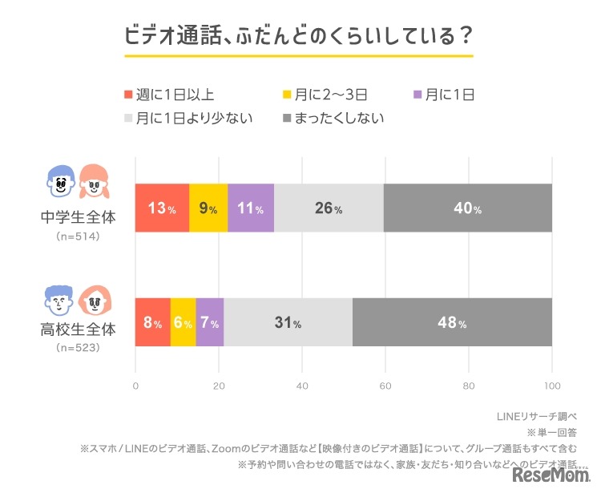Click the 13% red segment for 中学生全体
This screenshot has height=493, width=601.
tap(162, 208)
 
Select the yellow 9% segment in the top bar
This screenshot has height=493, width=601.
tap(208, 208)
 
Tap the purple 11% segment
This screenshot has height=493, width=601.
tap(251, 208)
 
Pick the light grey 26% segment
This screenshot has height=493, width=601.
tap(329, 208)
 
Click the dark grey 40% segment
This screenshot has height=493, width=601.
tap(467, 208)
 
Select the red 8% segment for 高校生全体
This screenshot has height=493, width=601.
tap(152, 323)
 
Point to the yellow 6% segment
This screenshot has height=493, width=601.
tap(184, 323)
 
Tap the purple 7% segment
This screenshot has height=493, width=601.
tap(210, 323)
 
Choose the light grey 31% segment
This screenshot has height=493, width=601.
tap(288, 323)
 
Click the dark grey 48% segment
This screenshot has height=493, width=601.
tap(452, 323)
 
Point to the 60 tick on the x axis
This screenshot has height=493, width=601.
tap(385, 386)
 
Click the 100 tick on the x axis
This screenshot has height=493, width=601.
tap(552, 386)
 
